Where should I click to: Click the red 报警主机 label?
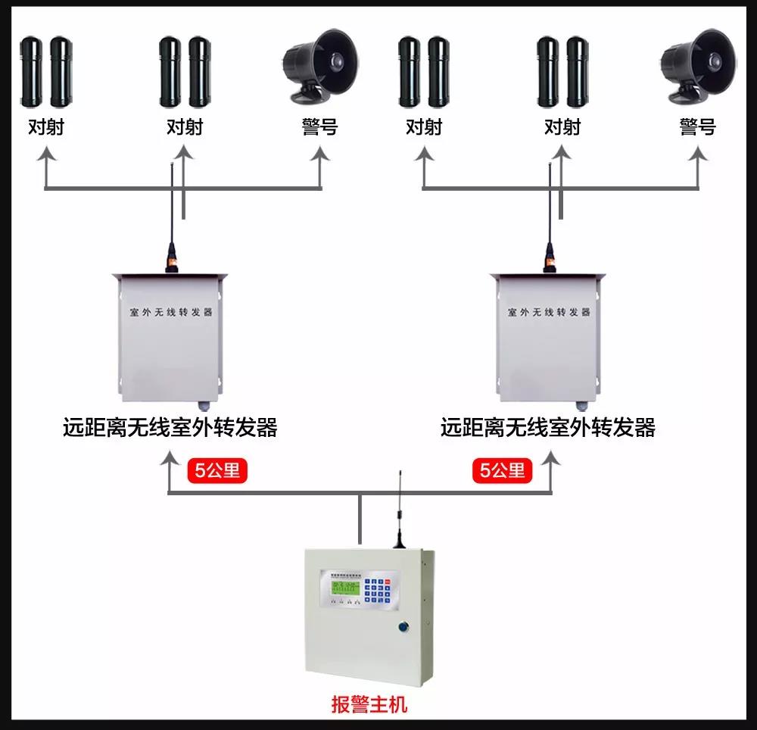click(369, 704)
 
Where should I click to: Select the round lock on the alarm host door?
click(403, 626)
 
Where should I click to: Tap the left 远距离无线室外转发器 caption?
click(170, 428)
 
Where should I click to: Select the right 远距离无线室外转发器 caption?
click(547, 428)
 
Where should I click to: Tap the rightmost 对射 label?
click(562, 126)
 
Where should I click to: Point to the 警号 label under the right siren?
click(697, 126)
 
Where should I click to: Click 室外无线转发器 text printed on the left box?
click(170, 312)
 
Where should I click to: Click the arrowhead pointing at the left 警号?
click(321, 154)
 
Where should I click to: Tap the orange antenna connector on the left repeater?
click(172, 261)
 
